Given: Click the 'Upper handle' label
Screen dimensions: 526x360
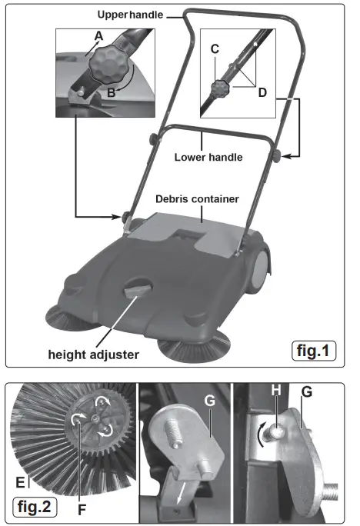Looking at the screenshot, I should click(x=127, y=14).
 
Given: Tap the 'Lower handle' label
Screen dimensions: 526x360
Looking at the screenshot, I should click(x=209, y=157).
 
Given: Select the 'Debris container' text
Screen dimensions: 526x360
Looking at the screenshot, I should click(x=197, y=199).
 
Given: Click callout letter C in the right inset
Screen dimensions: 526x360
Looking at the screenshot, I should click(x=215, y=48).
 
